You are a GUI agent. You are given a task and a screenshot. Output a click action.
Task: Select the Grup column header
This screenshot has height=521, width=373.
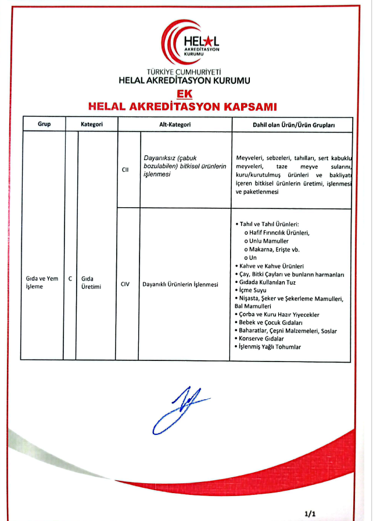point(44,125)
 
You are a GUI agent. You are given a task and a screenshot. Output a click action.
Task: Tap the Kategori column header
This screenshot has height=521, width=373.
point(92,125)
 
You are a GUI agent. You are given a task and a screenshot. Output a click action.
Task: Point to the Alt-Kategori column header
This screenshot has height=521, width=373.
point(174,125)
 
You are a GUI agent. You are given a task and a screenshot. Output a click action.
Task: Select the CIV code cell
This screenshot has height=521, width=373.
point(125,285)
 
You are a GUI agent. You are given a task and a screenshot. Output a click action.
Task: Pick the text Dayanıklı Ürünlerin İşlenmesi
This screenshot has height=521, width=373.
point(180,285)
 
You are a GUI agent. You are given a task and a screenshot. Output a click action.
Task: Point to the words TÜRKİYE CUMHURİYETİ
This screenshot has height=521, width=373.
point(184,72)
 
